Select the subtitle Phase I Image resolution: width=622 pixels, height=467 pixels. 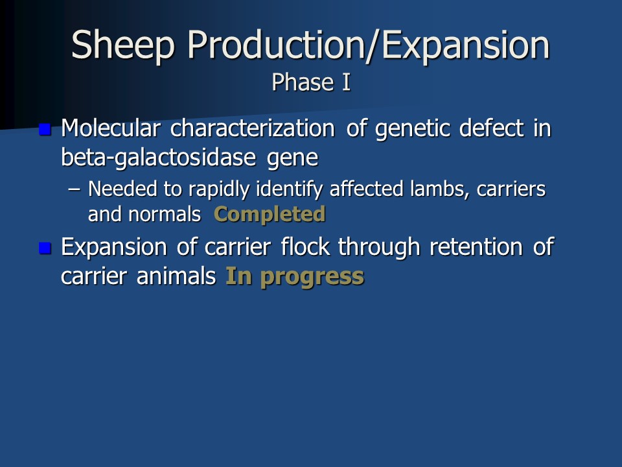pos(312,82)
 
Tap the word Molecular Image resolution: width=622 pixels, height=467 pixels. pos(111,128)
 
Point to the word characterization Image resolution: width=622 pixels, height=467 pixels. pos(253,128)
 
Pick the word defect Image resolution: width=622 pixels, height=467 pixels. pos(492,128)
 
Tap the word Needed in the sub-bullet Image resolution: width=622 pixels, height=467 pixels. pos(122,189)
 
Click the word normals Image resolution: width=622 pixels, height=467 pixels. pos(165,215)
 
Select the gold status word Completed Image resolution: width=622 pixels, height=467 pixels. pos(270,215)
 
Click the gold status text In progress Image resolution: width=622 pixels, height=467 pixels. pos(295,277)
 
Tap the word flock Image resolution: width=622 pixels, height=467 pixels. pos(305,246)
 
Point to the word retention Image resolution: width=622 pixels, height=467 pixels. pos(476,246)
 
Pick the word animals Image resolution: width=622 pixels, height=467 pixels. pos(176,276)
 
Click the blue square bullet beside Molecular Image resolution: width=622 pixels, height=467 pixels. pos(45,130)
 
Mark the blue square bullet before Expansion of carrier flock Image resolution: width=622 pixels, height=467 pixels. pos(45,248)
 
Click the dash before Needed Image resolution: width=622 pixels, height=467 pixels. pos(74,190)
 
